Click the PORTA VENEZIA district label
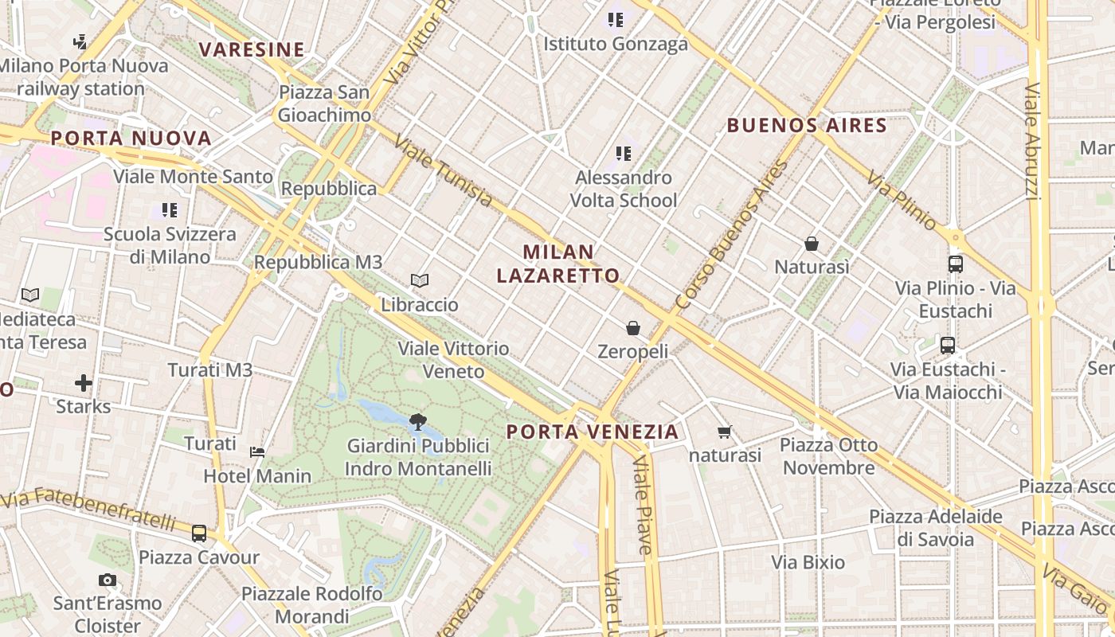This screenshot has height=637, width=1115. click(593, 432)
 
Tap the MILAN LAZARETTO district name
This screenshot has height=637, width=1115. click(558, 264)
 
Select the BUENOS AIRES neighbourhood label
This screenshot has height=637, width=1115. click(807, 125)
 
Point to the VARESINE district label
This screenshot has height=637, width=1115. click(252, 49)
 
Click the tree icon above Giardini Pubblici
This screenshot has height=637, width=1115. click(417, 421)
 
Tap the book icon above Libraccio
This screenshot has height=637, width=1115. click(420, 280)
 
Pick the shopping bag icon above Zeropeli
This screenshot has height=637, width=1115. click(633, 327)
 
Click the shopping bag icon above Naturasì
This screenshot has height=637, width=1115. click(812, 243)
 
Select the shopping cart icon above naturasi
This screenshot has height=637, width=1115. click(724, 432)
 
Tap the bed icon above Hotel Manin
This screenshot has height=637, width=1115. click(257, 452)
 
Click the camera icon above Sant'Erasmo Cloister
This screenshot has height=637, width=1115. click(108, 580)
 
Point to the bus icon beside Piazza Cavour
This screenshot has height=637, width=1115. click(199, 533)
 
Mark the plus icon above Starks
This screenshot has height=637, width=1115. click(84, 383)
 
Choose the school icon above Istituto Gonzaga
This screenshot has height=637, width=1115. click(615, 20)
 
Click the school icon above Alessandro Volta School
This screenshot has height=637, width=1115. click(624, 153)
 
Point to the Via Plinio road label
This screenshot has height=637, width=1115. click(902, 200)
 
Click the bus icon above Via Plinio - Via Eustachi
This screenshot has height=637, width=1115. click(955, 264)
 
